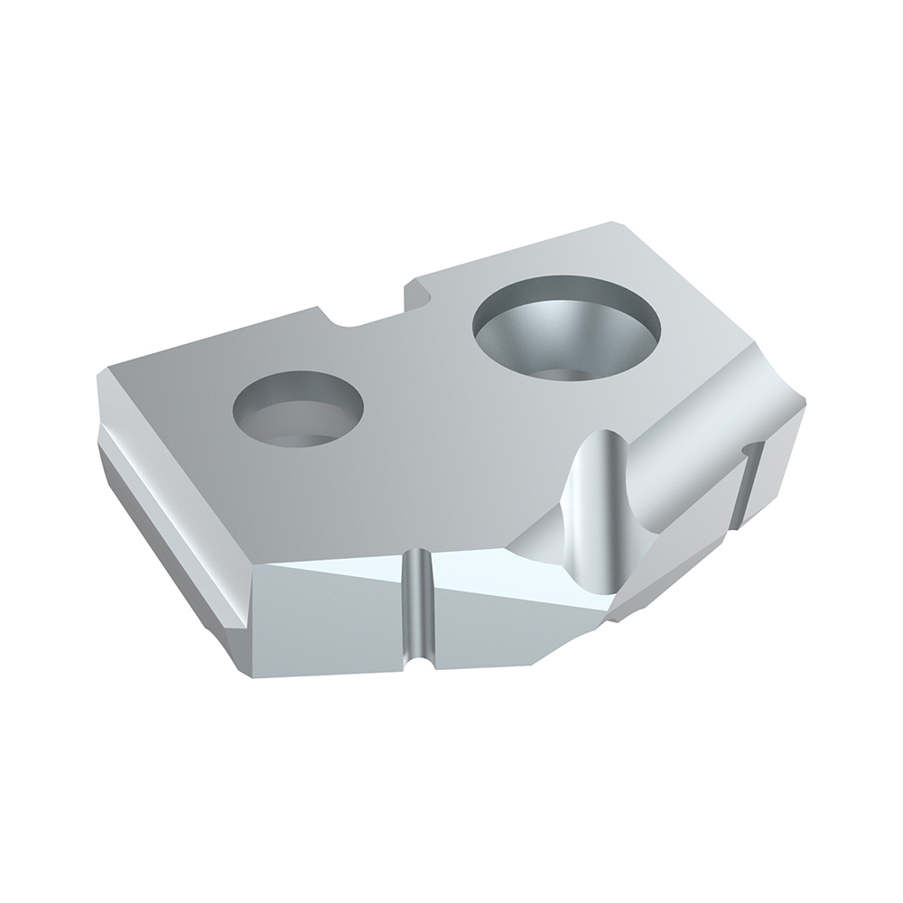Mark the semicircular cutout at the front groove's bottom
click(417, 666)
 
